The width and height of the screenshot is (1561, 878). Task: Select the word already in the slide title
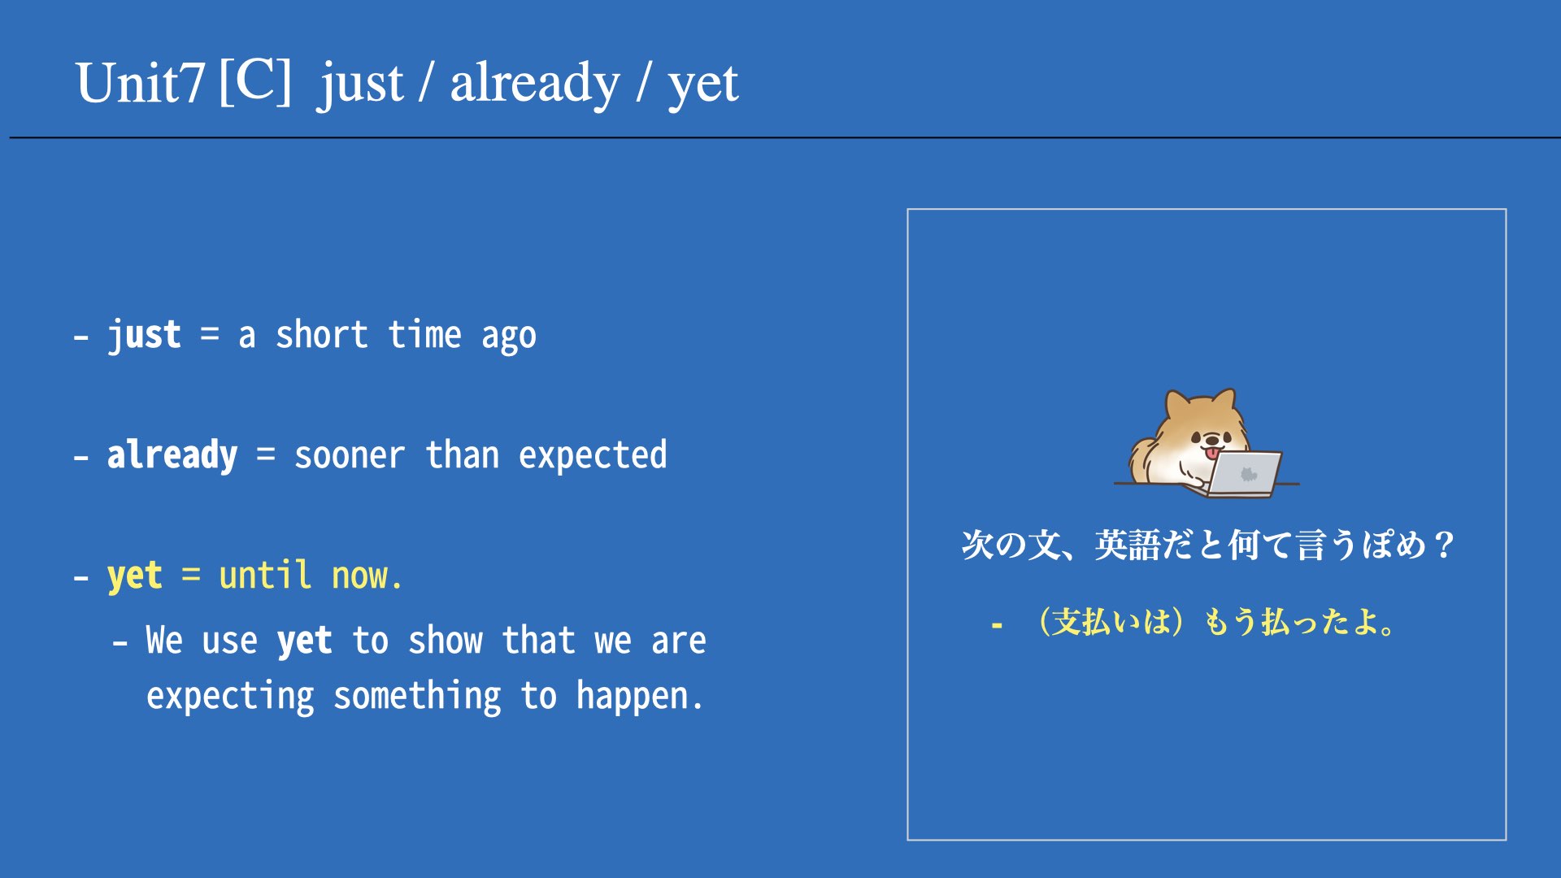click(535, 84)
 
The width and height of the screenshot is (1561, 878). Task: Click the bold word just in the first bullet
click(144, 335)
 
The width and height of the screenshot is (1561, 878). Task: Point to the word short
click(322, 334)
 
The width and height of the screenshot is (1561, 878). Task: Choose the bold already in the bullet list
click(172, 455)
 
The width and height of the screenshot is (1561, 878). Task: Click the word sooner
click(350, 456)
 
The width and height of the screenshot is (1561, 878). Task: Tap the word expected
click(593, 455)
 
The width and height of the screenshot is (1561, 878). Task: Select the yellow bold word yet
click(135, 576)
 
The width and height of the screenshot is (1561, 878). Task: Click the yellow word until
click(265, 575)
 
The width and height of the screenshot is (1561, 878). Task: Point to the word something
click(417, 697)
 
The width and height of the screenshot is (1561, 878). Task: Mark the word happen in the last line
click(633, 697)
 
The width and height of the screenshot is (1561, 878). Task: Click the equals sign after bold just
click(210, 334)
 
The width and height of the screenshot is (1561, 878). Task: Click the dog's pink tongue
click(1212, 452)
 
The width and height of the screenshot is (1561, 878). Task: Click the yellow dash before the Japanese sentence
click(997, 625)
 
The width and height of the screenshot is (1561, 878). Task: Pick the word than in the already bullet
click(462, 454)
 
